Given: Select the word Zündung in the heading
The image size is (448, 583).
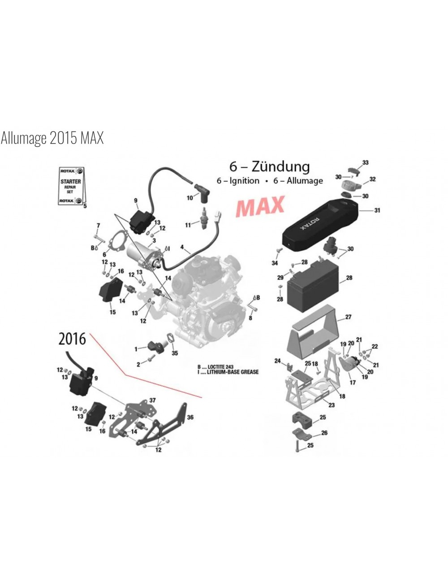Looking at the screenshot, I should coord(280,166).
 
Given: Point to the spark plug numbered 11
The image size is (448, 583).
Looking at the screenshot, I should coord(206,219).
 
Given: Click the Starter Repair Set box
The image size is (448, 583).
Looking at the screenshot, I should coord(71,186).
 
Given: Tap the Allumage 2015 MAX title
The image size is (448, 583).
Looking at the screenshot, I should coord(52,138).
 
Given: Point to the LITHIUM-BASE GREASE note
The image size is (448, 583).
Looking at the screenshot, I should coord(233,372).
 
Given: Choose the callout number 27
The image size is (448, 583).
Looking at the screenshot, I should coord(348,317).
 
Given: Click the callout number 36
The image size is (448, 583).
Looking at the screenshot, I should coord(190,417).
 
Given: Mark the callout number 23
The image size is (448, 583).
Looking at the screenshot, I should coord(331,405).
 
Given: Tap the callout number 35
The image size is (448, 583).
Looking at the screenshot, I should coord(175,353).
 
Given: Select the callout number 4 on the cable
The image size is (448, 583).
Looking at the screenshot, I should coord(182,247).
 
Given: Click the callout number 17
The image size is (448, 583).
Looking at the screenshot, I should coord(353,383).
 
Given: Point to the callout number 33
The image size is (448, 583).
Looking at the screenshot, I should coord(365,162).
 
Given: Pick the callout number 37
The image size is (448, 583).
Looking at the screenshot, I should coord(152,400).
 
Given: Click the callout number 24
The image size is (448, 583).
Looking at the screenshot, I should coord(277,361).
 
